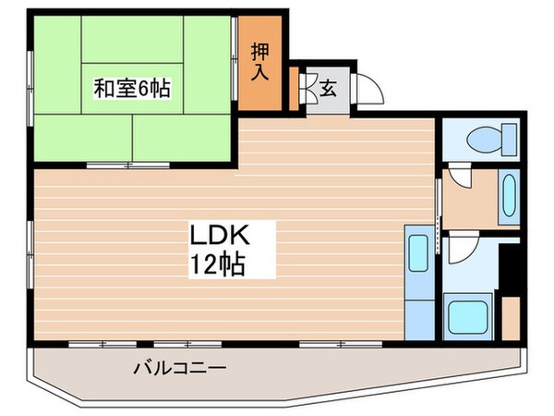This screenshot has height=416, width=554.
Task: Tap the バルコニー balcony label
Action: tap(180, 367)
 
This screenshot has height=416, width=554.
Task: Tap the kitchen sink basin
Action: tap(417, 253)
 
